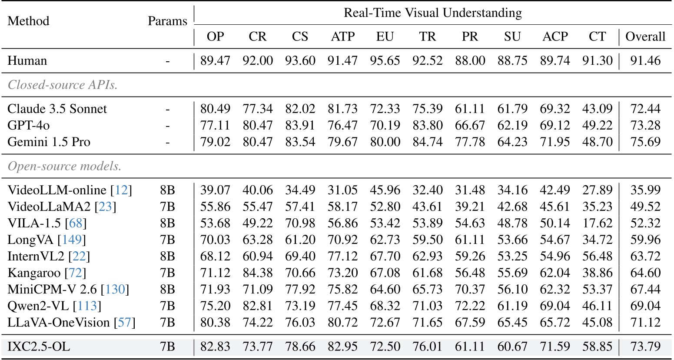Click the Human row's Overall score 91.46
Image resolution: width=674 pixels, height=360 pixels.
pyautogui.click(x=645, y=61)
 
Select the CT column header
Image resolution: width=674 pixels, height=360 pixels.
pyautogui.click(x=597, y=37)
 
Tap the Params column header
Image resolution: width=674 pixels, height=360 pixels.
pyautogui.click(x=167, y=21)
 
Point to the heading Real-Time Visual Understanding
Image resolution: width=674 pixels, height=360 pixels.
pyautogui.click(x=432, y=13)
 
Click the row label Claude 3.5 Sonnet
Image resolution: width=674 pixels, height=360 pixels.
pyautogui.click(x=57, y=109)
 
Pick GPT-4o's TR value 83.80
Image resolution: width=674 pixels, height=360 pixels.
pyautogui.click(x=427, y=125)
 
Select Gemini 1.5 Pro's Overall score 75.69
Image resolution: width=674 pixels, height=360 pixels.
pyautogui.click(x=645, y=142)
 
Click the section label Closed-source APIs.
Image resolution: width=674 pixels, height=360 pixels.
pyautogui.click(x=63, y=85)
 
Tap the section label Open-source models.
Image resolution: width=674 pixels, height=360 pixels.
pyautogui.click(x=65, y=167)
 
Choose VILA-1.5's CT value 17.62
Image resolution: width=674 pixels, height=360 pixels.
pyautogui.click(x=597, y=223)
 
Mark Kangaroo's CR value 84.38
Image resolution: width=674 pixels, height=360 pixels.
pyautogui.click(x=258, y=273)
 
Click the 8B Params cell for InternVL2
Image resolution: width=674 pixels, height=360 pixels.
pyautogui.click(x=167, y=257)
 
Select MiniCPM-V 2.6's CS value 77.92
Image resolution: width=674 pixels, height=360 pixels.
pyautogui.click(x=300, y=290)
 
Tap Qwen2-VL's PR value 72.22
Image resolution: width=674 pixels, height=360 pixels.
pyautogui.click(x=470, y=306)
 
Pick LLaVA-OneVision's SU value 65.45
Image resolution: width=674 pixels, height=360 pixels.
pyautogui.click(x=512, y=323)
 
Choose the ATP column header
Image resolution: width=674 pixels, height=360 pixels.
pyautogui.click(x=342, y=37)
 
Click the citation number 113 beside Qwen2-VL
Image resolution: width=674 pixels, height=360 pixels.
pyautogui.click(x=87, y=306)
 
